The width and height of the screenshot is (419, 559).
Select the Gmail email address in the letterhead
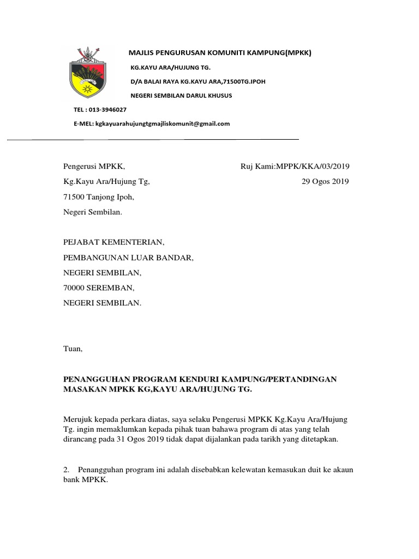click(163, 123)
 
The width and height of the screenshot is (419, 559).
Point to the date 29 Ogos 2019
click(325, 182)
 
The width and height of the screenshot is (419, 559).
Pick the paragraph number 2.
click(66, 469)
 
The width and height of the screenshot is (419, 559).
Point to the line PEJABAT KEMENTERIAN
click(113, 241)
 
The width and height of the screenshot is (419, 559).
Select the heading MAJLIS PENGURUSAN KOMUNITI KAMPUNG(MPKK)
click(219, 53)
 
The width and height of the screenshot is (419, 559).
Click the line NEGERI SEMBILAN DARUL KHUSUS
click(181, 96)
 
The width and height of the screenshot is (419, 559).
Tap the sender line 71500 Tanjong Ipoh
click(98, 197)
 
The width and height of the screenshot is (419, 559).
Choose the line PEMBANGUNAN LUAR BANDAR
click(128, 257)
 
